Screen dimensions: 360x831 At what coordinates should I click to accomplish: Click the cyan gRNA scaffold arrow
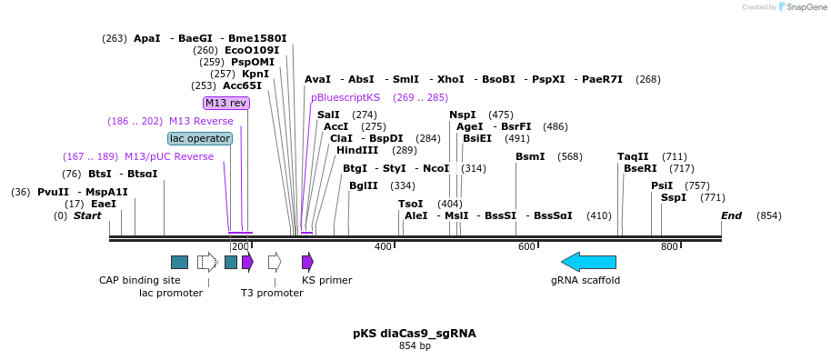click(588, 262)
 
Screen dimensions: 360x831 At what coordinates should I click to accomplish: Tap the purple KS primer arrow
click(307, 262)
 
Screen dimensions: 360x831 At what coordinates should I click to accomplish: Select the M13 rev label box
click(225, 103)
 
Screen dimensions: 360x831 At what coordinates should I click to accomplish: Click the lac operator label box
click(200, 138)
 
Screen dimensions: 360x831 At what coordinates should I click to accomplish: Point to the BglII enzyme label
click(363, 185)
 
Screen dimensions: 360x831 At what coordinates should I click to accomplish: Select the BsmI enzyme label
click(530, 156)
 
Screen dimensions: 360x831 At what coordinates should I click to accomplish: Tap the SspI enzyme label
click(674, 197)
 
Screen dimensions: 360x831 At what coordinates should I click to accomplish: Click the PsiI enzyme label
click(662, 185)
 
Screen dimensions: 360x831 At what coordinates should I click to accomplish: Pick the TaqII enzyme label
click(633, 156)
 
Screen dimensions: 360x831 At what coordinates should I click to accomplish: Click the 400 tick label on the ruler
click(383, 246)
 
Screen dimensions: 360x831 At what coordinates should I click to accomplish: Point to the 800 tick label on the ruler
click(669, 246)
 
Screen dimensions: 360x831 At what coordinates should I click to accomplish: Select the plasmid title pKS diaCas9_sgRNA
click(414, 334)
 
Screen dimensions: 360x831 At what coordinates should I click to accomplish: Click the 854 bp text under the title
click(415, 346)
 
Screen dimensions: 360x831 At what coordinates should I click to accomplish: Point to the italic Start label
click(87, 215)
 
